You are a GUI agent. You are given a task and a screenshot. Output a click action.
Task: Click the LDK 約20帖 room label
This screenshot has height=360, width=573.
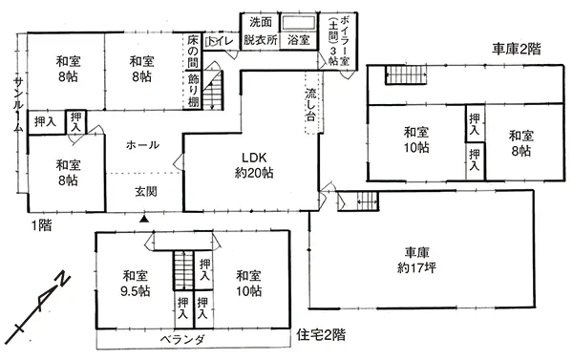click(x=254, y=165)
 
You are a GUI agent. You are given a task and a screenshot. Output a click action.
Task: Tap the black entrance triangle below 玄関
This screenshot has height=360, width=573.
click(x=144, y=219)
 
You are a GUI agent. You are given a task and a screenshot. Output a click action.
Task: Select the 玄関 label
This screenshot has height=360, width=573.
click(x=146, y=192)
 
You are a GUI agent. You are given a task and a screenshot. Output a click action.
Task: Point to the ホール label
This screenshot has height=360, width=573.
click(x=142, y=145)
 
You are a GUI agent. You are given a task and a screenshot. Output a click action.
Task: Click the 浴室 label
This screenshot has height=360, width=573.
click(x=299, y=40)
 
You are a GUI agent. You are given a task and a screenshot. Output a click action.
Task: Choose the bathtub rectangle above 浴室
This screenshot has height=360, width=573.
click(x=299, y=23)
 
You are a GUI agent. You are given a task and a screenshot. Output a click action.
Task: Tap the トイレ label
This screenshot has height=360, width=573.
click(x=221, y=41)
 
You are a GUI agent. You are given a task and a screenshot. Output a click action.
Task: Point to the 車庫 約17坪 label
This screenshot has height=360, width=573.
click(x=416, y=261)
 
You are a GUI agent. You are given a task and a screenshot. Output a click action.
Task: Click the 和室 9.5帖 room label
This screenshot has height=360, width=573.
click(x=135, y=283)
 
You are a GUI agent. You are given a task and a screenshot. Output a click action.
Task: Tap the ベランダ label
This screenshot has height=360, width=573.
click(x=182, y=340)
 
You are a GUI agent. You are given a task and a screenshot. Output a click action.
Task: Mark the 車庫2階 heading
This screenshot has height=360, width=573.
click(x=516, y=49)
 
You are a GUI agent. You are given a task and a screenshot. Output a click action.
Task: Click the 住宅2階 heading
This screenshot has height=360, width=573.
click(x=321, y=334)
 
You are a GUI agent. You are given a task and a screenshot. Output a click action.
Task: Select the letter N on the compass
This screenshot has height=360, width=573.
click(x=63, y=279)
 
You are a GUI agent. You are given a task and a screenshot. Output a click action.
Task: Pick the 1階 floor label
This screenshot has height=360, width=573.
click(x=41, y=225)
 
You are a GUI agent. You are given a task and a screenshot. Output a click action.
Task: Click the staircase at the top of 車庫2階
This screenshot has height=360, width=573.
click(x=406, y=74)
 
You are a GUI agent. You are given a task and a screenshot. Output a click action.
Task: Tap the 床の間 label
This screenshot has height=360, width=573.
click(x=193, y=52)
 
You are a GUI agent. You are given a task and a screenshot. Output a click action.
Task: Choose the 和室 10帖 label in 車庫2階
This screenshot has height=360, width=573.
click(x=416, y=139)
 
